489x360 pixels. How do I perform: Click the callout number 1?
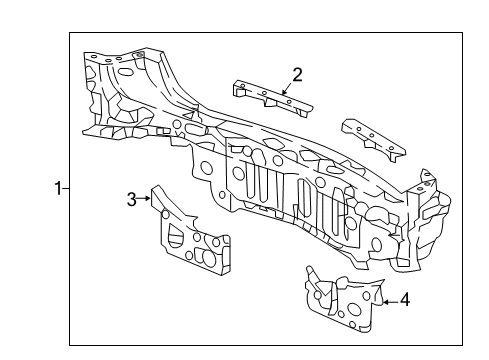[x=58, y=189]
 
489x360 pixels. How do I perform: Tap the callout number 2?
[x=297, y=75]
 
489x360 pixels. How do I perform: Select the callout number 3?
[x=132, y=199]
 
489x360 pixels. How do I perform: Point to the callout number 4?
[x=405, y=300]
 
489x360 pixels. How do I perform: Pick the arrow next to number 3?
[x=144, y=198]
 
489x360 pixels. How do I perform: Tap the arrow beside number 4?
[x=391, y=302]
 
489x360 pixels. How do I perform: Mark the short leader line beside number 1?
[x=66, y=189]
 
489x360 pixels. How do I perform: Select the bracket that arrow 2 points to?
[x=272, y=98]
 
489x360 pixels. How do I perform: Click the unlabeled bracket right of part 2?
[x=374, y=140]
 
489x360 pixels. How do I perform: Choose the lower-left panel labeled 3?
[x=190, y=231]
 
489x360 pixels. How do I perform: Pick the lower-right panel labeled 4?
[x=344, y=299]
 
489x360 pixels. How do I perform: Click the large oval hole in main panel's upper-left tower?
[x=125, y=72]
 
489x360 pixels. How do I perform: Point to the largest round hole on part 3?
[x=209, y=259]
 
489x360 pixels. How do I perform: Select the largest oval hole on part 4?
[x=355, y=307]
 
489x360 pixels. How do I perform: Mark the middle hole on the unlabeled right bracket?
[x=371, y=135]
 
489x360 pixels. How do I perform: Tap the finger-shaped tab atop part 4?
[x=311, y=273]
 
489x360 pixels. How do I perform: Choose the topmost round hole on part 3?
[x=165, y=214]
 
